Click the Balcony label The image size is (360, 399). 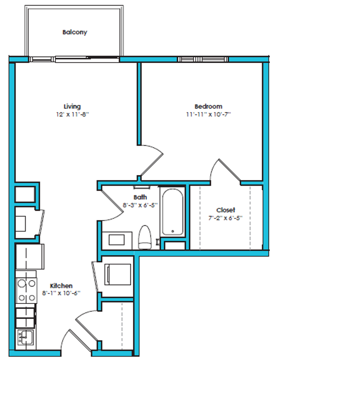tap(75, 32)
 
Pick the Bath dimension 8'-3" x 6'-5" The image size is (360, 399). tap(137, 205)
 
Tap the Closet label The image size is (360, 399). tap(226, 210)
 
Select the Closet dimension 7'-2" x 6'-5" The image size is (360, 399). tap(226, 218)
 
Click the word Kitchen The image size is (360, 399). tap(61, 286)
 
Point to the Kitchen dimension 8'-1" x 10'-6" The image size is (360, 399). tap(61, 293)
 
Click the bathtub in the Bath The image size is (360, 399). tap(172, 212)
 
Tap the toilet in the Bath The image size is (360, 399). tap(145, 237)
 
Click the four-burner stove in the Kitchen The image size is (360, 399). tap(27, 291)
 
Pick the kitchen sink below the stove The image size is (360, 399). tap(25, 338)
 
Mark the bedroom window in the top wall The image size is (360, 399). tap(203, 59)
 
